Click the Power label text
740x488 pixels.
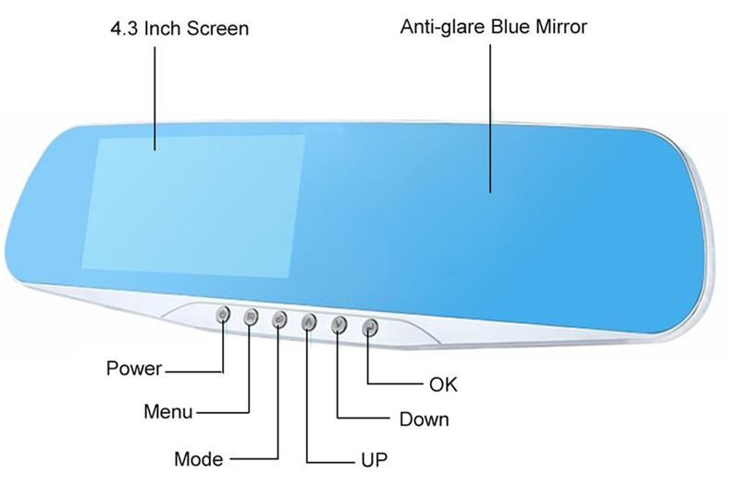(x=134, y=369)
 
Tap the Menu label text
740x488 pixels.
(x=168, y=411)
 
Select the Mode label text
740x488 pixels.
(x=198, y=458)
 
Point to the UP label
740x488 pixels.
(x=375, y=459)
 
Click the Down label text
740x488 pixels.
(x=424, y=419)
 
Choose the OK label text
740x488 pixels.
(x=443, y=384)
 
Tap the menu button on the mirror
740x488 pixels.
(x=251, y=317)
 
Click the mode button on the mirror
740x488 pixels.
(x=279, y=319)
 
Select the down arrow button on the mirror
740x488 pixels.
(x=339, y=324)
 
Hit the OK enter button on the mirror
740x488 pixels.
(x=369, y=327)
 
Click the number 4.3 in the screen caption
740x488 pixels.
(x=124, y=29)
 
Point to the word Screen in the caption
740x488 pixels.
(x=217, y=29)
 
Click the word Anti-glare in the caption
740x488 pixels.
(x=443, y=27)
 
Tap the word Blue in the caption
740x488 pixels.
(x=511, y=27)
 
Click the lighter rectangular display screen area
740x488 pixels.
(x=193, y=206)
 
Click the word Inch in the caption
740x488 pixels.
(x=163, y=29)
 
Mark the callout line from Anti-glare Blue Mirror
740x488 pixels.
(x=490, y=119)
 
